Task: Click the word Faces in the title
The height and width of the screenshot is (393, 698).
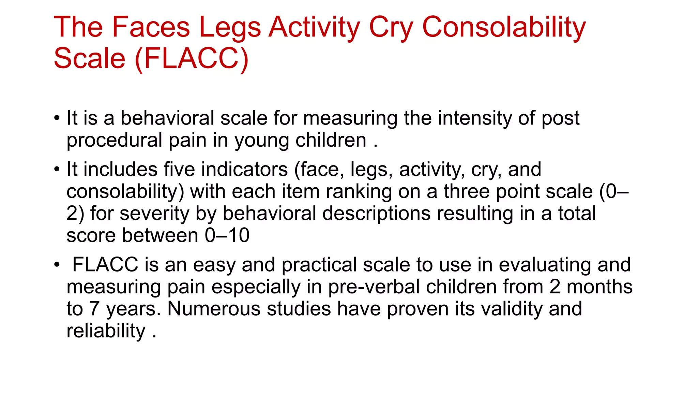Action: click(x=151, y=27)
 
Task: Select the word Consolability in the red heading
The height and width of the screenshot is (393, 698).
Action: click(x=504, y=27)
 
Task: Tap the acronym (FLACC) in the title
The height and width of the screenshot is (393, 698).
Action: click(x=192, y=58)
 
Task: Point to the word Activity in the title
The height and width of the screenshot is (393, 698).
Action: click(x=314, y=27)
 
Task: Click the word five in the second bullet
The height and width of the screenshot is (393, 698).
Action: click(x=179, y=169)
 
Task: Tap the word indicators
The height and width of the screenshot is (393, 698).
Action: click(x=244, y=169)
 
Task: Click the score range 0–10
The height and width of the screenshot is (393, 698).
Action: click(x=227, y=235)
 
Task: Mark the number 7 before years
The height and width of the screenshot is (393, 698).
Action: click(x=94, y=309)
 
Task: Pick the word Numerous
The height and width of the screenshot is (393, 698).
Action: click(x=214, y=309)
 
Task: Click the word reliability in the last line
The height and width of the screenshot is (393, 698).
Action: click(x=106, y=331)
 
